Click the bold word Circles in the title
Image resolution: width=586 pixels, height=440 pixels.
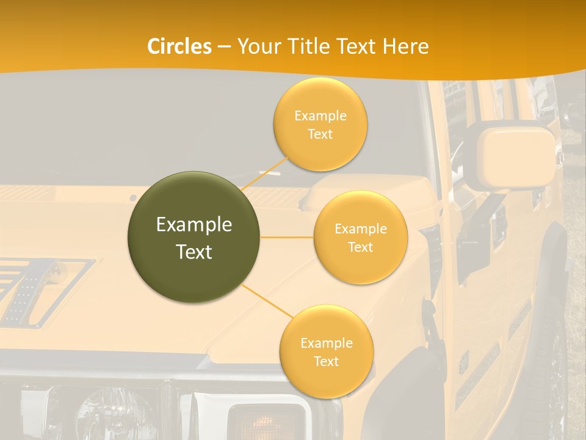click(179, 46)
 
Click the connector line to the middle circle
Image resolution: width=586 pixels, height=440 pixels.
click(287, 237)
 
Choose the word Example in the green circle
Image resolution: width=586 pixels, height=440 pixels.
click(194, 225)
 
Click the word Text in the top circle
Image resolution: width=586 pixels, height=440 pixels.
click(320, 134)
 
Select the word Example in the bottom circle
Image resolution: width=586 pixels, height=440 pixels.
click(326, 343)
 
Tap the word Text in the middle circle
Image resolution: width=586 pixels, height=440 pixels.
click(360, 248)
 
